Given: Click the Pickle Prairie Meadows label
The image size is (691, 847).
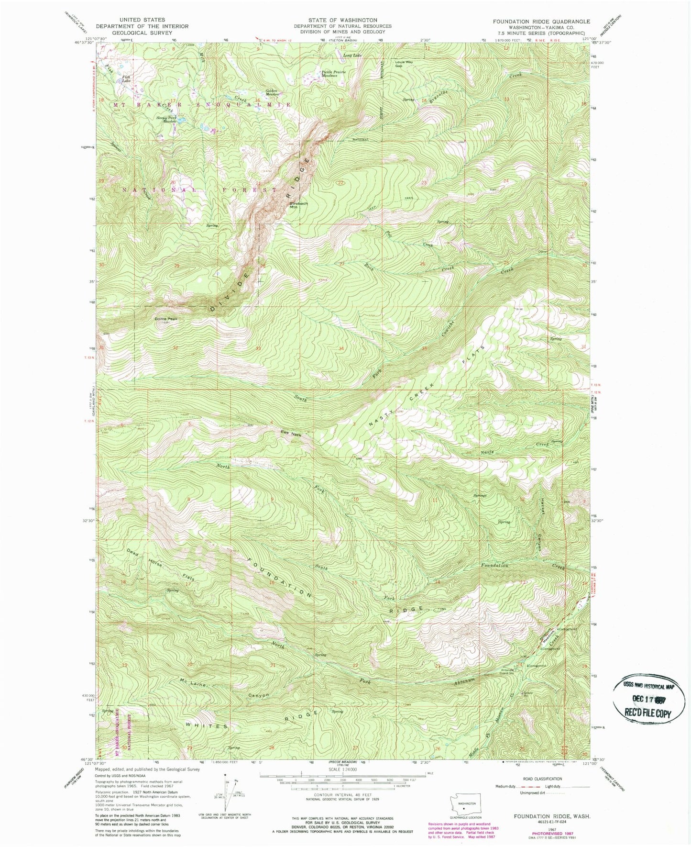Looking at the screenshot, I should (333, 74).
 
